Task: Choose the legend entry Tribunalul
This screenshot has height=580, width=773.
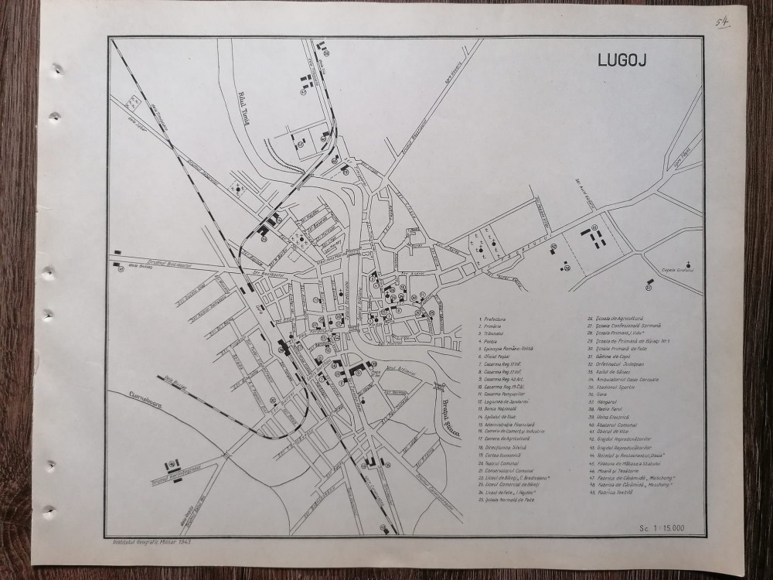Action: [x=495, y=333]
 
